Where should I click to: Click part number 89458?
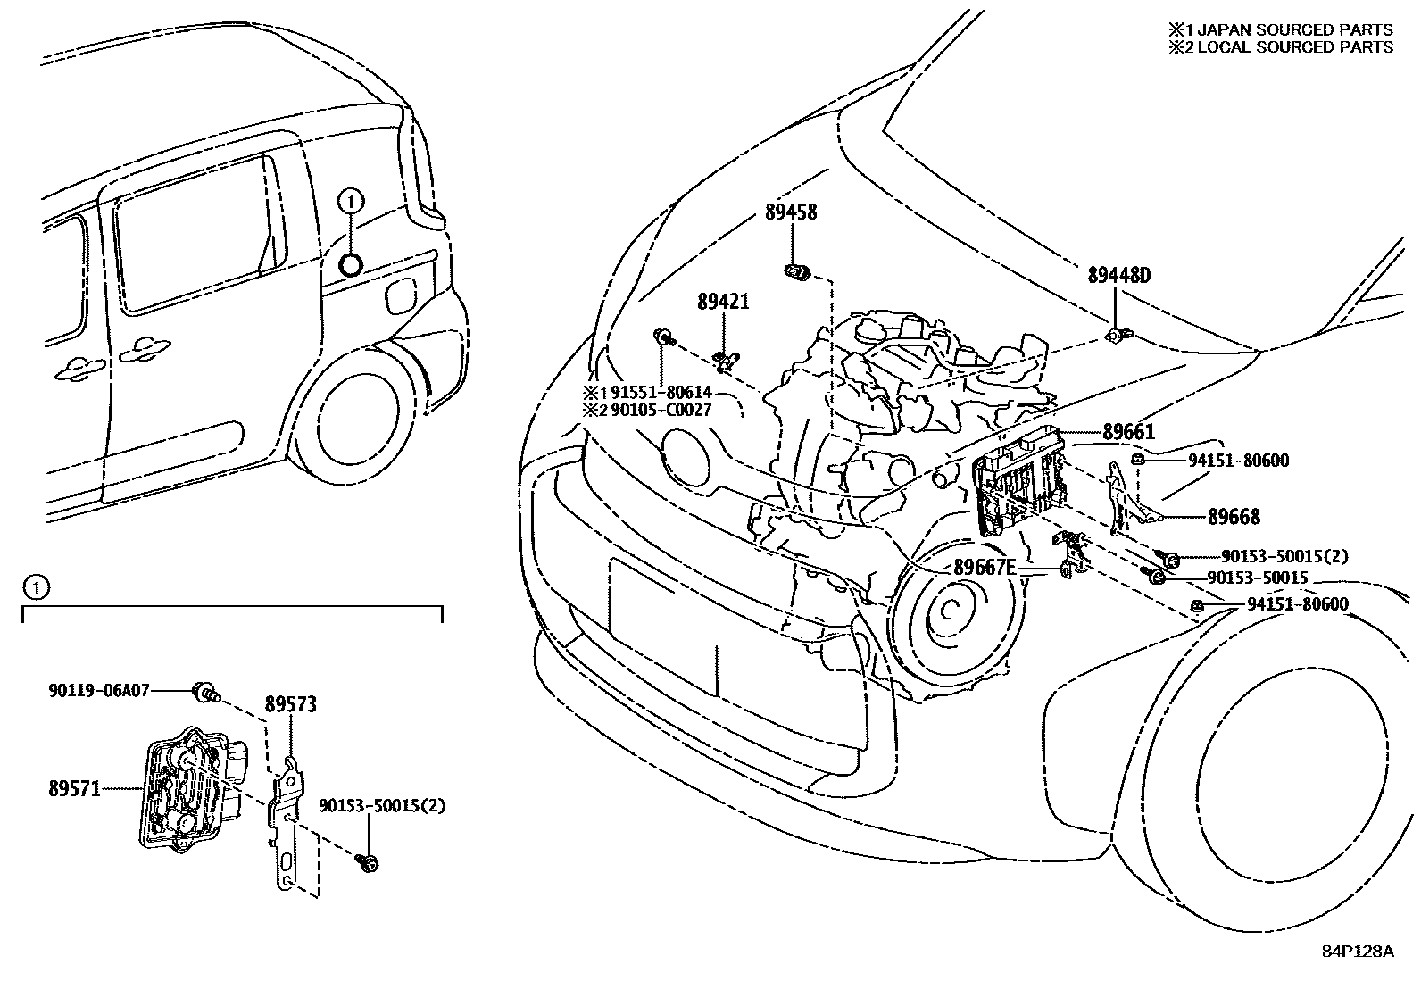pos(790,212)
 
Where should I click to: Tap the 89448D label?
pos(1118,275)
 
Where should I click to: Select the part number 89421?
pos(723,302)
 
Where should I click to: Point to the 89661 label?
pos(1128,433)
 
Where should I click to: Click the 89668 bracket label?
pos(1234,517)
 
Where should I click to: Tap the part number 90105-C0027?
pos(661,409)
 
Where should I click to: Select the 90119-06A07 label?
pos(98,690)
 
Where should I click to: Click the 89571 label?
pos(74,788)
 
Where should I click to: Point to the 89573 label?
pos(290,705)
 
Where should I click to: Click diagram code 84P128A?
pos(1357,951)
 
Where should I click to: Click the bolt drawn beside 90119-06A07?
pos(206,691)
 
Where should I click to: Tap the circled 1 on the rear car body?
pos(351,203)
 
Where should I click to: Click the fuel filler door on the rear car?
pos(401,295)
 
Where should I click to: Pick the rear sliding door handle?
pos(143,353)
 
